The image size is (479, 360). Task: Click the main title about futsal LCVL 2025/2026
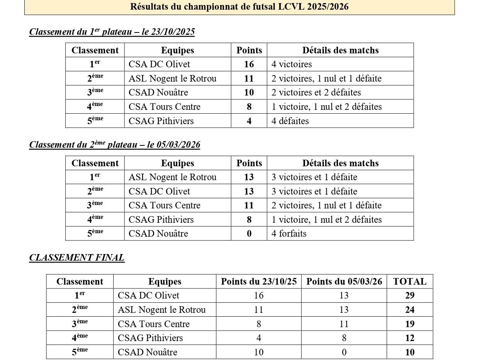click(x=239, y=7)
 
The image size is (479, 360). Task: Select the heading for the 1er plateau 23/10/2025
click(x=112, y=32)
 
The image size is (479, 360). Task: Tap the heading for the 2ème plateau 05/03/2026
click(x=115, y=145)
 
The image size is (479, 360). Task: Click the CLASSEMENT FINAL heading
click(x=77, y=258)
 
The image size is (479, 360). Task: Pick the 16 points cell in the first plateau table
click(x=249, y=64)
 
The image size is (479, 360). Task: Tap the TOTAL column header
click(x=409, y=282)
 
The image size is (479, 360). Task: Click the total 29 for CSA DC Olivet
click(x=409, y=295)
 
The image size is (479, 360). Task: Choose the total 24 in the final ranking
click(x=409, y=310)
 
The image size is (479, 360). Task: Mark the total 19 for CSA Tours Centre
click(x=409, y=324)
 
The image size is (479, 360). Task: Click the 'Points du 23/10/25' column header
click(x=259, y=282)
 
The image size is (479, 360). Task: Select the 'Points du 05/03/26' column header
click(x=344, y=282)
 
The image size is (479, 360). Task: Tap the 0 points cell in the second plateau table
click(x=249, y=234)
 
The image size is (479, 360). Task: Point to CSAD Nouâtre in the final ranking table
click(x=148, y=352)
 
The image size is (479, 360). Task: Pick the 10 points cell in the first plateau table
click(x=249, y=92)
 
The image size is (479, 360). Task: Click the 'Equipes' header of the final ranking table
click(x=165, y=282)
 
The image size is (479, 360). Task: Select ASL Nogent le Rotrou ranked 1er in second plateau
click(x=172, y=177)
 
